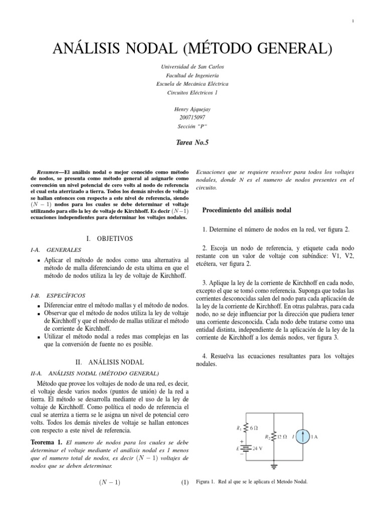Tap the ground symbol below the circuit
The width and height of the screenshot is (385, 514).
(274, 466)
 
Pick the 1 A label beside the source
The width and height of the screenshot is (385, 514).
(315, 437)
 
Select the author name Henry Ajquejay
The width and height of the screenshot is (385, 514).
(192, 109)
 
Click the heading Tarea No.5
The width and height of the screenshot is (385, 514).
(192, 143)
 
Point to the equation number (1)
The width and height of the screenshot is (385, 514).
(184, 483)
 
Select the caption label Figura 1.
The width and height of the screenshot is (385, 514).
(206, 481)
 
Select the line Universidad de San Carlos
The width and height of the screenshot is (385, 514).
(192, 66)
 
